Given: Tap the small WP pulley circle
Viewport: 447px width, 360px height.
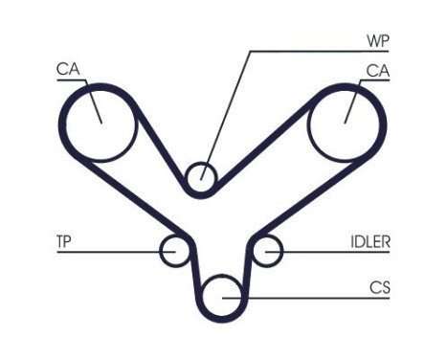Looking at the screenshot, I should coord(201,177).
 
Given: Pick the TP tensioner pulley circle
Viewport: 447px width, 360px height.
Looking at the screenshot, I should coord(174,251).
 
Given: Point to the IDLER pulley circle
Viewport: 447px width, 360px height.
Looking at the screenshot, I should coord(267,251).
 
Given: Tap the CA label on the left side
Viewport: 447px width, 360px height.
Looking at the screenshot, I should coord(67,69).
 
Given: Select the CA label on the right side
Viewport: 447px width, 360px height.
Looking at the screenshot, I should coord(378,69).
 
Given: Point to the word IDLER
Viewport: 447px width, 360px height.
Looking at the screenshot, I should coord(370,242).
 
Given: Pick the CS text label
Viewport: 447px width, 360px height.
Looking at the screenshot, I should coord(379,285).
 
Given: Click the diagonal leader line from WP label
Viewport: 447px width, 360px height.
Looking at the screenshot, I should coord(230,105).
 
